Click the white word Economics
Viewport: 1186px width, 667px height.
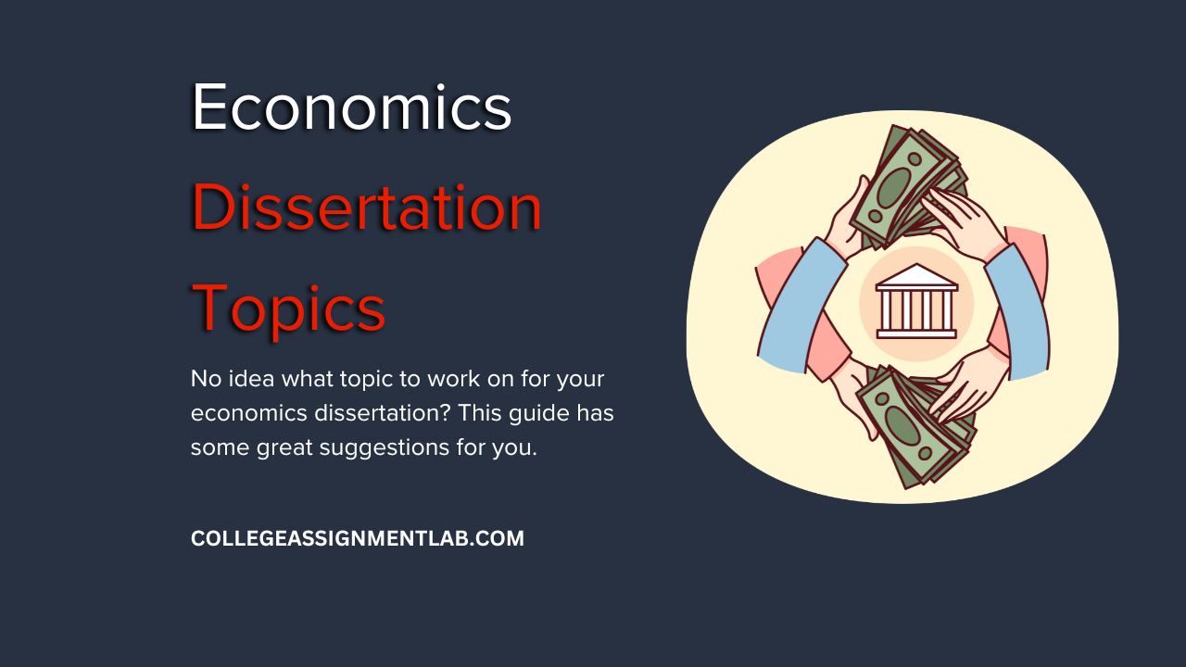[351, 107]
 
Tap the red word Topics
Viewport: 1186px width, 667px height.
[288, 308]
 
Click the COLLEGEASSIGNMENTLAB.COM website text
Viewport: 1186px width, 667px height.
[358, 538]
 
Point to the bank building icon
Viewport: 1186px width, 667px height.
[916, 301]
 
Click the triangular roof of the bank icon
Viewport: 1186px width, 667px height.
[916, 276]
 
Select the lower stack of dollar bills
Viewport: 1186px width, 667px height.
[918, 426]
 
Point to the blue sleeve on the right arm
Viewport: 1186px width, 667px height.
[1019, 312]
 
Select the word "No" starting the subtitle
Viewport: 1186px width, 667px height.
[206, 379]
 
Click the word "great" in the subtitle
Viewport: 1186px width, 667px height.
[284, 448]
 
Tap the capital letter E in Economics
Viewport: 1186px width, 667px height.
[208, 107]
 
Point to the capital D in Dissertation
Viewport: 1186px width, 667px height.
[213, 207]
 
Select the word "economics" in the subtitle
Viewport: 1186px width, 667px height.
[249, 413]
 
